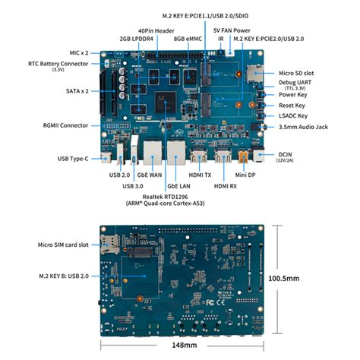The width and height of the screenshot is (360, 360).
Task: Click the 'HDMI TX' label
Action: (x=201, y=174)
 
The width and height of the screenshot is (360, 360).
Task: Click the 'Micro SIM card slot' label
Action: (x=64, y=245)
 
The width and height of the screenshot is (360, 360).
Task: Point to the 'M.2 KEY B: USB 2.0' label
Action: (x=62, y=276)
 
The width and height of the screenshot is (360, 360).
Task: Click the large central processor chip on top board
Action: (x=164, y=99)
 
